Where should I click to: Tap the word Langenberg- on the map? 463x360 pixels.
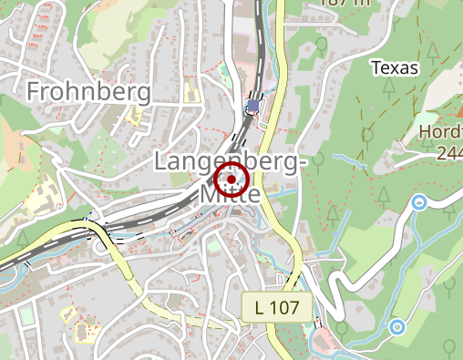click(x=227, y=163)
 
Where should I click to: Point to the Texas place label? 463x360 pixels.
click(x=395, y=67)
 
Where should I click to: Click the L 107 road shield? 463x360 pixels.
click(x=277, y=307)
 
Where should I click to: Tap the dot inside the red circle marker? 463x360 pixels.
click(x=232, y=180)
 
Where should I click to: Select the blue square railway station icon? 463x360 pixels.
click(x=252, y=106)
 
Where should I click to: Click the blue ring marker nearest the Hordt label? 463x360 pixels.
click(x=419, y=202)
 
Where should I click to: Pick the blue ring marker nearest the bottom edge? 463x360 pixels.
click(x=396, y=326)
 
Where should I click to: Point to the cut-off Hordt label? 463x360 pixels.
click(x=440, y=132)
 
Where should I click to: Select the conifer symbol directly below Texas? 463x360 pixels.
click(x=389, y=88)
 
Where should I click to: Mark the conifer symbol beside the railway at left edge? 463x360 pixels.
click(x=22, y=239)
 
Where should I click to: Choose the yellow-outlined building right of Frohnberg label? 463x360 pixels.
click(x=190, y=92)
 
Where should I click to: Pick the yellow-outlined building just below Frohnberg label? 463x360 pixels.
click(x=136, y=116)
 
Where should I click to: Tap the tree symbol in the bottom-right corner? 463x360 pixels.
click(x=448, y=346)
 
